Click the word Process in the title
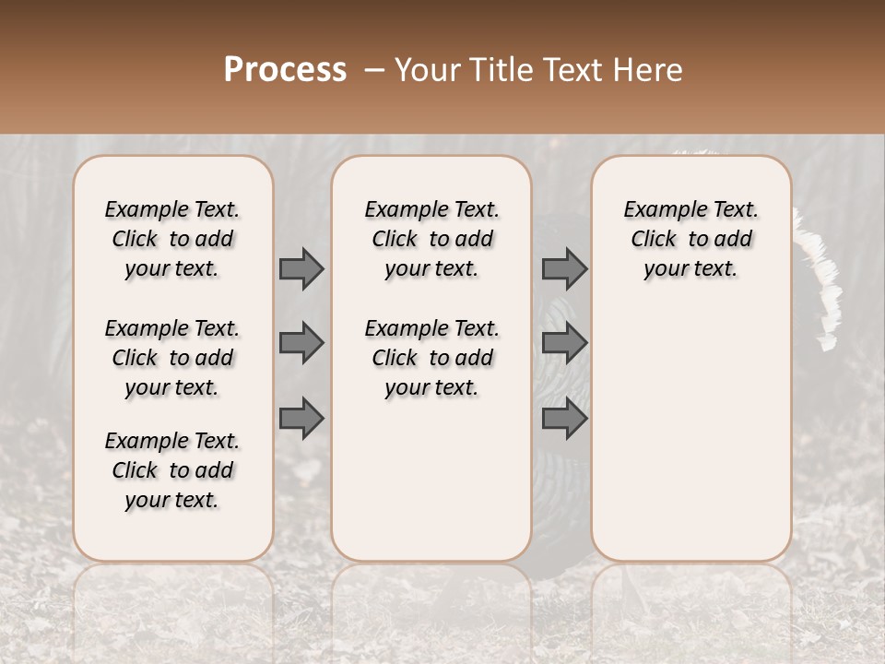284,70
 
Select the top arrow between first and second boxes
301,268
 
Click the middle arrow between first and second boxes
301,343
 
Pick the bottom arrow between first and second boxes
301,419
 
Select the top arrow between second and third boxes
564,268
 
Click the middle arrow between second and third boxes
564,343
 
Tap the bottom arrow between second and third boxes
564,419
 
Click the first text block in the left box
172,239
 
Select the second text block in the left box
172,358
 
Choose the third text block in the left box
172,470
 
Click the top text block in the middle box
431,239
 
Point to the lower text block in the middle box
431,358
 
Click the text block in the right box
691,239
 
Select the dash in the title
373,70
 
